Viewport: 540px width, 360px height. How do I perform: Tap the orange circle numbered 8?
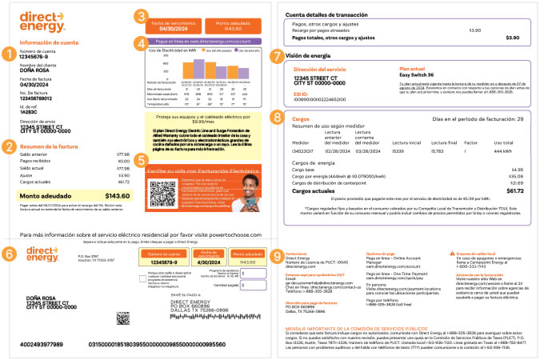(x=277, y=119)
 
